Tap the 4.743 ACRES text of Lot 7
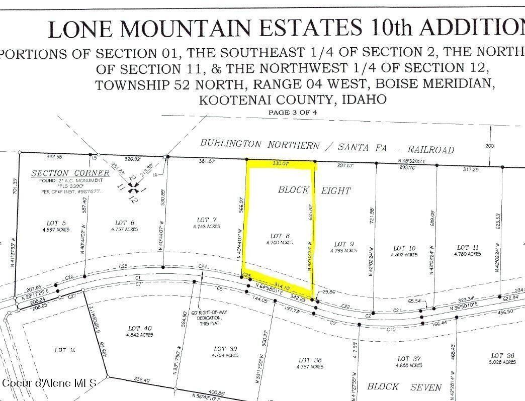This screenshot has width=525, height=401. (207, 227)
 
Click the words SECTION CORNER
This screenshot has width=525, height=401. (70, 173)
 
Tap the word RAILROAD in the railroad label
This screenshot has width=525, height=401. (431, 149)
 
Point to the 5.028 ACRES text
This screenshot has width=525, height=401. (502, 362)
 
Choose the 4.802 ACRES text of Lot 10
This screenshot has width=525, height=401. (405, 255)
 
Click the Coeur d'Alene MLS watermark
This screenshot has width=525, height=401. (49, 383)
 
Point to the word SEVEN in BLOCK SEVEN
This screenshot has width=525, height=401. (426, 387)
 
